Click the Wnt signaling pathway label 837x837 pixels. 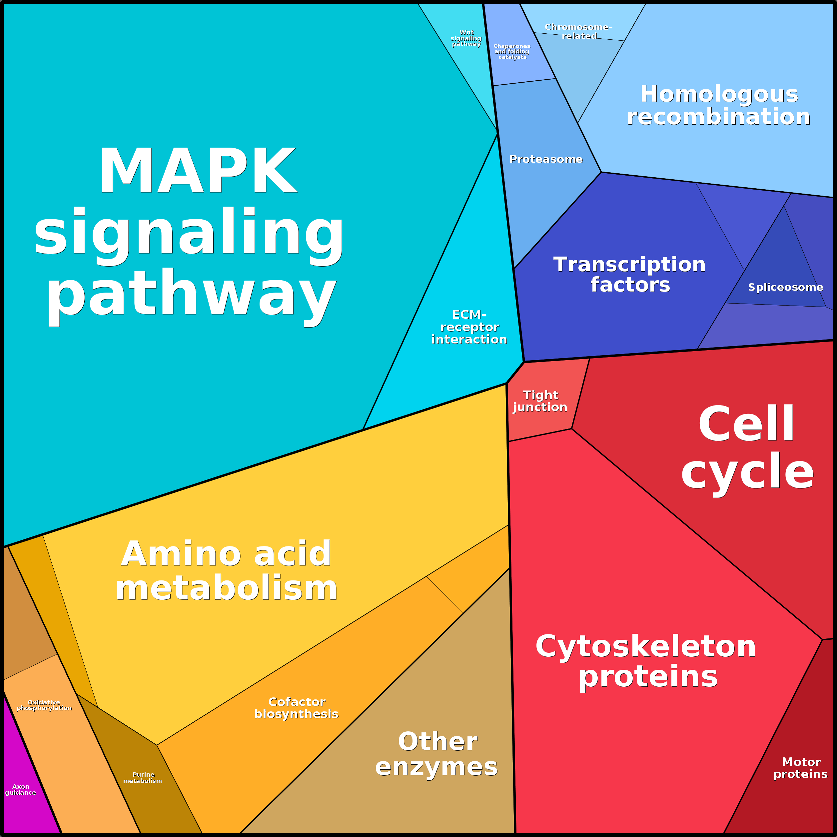(x=466, y=38)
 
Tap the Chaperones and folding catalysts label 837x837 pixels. (x=512, y=52)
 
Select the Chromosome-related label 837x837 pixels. (x=578, y=32)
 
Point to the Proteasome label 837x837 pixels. (x=546, y=159)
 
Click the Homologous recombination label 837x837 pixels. (x=719, y=105)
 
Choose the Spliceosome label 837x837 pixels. (x=785, y=287)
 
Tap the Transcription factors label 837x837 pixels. (x=630, y=274)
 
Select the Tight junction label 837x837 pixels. (x=540, y=401)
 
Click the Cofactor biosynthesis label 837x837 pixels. (x=296, y=708)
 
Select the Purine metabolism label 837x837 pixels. (x=143, y=778)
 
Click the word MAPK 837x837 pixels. (x=198, y=170)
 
